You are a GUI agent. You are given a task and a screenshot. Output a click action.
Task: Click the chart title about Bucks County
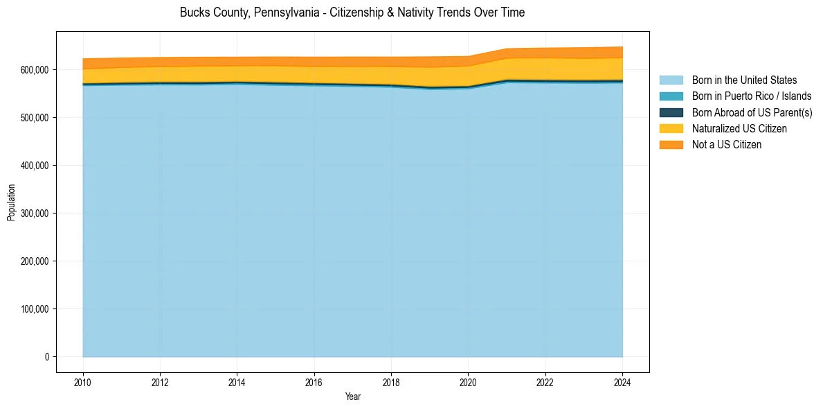click(352, 12)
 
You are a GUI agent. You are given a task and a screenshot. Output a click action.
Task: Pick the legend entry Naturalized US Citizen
click(739, 128)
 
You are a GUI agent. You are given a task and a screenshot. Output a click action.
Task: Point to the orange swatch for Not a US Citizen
click(671, 144)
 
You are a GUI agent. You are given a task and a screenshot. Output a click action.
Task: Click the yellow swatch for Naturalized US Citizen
click(671, 128)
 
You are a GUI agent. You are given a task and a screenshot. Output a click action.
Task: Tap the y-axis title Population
click(11, 202)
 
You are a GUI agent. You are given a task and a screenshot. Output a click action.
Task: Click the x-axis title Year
click(352, 397)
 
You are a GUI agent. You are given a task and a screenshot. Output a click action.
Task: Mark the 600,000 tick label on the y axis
click(34, 70)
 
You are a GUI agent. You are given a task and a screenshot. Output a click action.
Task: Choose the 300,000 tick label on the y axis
click(34, 214)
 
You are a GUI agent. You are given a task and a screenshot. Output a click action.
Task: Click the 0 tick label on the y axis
click(47, 357)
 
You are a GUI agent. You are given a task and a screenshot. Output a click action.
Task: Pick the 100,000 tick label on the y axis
click(34, 309)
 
